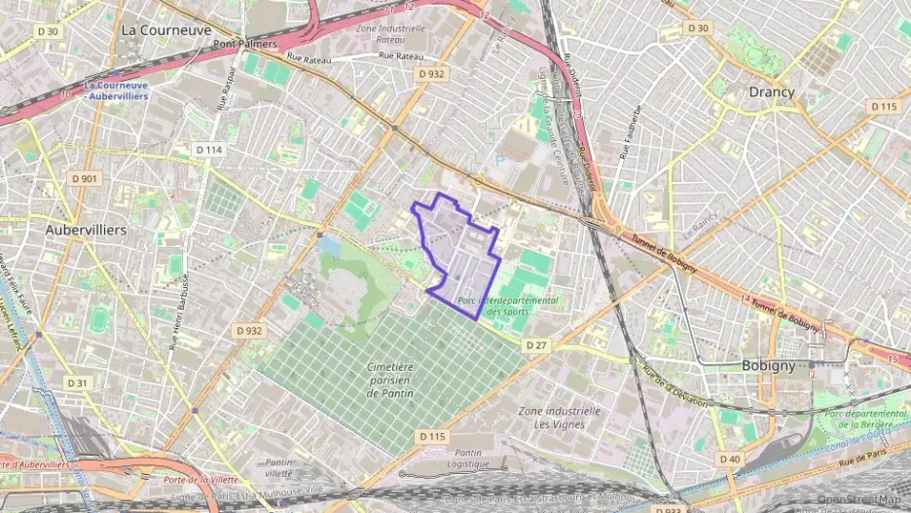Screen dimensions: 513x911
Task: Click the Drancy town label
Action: [x=771, y=92]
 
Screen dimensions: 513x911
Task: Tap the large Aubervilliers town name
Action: [x=86, y=230]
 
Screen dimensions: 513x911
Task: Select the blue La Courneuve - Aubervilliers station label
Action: [x=117, y=91]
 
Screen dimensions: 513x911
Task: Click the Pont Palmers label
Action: [x=245, y=44]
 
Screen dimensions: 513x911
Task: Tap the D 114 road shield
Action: [x=209, y=150]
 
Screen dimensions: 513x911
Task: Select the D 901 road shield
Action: [x=85, y=179]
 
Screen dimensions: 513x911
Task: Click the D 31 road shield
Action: [x=78, y=383]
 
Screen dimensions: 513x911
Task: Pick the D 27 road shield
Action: [x=536, y=346]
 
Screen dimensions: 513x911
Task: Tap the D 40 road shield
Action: [x=729, y=458]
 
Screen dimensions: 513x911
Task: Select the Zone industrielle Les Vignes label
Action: [x=560, y=418]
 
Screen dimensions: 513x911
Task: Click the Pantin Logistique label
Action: [x=468, y=458]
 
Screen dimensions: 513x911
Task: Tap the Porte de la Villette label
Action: [x=201, y=480]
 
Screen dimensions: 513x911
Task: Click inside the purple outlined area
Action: [x=457, y=255]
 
